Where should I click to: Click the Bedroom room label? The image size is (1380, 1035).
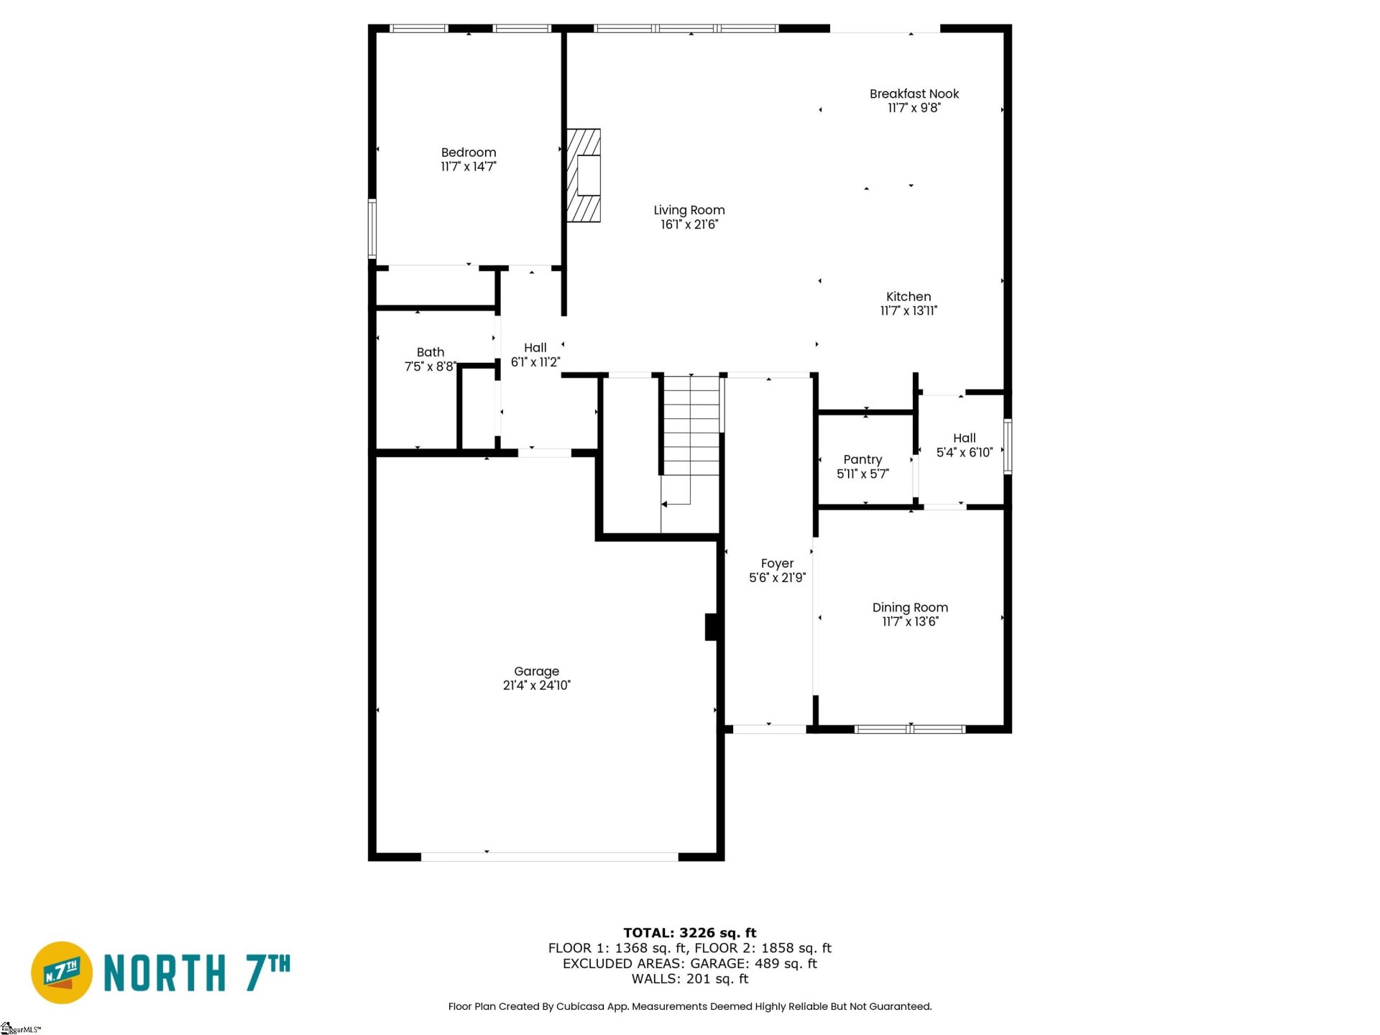pos(468,152)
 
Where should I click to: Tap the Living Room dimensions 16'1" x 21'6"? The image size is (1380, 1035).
pos(689,224)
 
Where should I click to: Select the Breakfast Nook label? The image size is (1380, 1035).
pos(914,93)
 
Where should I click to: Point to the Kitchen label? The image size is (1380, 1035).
pos(908,296)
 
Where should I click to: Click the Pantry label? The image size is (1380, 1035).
pos(862,459)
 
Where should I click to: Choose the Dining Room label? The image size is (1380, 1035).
pos(909,607)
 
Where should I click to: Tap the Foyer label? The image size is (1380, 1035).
pos(777,563)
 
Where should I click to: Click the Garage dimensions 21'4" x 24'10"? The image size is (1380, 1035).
pos(536,686)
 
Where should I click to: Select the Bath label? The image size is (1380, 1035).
pos(430,352)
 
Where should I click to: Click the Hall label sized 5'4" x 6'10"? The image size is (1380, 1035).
pos(964,438)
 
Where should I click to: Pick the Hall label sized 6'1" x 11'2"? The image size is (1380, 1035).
pos(535,348)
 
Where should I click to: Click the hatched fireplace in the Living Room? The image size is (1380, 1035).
pos(584,175)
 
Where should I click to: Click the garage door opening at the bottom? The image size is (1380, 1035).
pos(549,856)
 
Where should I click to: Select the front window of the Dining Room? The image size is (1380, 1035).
pos(909,729)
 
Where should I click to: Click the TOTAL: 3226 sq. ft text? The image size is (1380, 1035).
pos(689,933)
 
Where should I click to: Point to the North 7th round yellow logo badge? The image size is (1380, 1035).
pos(62,972)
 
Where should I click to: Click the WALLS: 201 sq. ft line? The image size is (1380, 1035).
pos(689,979)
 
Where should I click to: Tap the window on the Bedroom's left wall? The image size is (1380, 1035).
pos(372,229)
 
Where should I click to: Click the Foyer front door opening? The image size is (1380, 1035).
pos(768,729)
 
